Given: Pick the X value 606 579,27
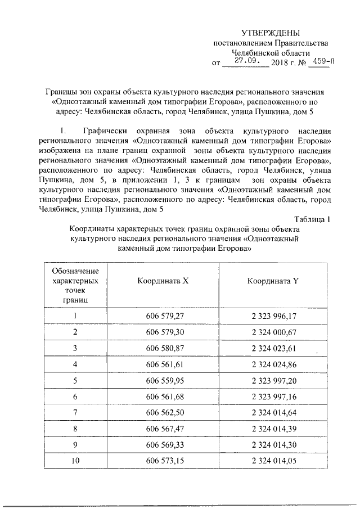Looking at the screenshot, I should point(165,316).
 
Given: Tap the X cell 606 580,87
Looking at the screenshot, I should point(165,348).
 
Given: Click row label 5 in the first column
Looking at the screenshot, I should point(75,381).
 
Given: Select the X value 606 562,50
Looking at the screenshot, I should point(165,413).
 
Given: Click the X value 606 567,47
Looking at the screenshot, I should point(165,429).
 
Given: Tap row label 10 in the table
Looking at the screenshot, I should point(75,462).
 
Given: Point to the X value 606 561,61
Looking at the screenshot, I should point(165,364).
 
